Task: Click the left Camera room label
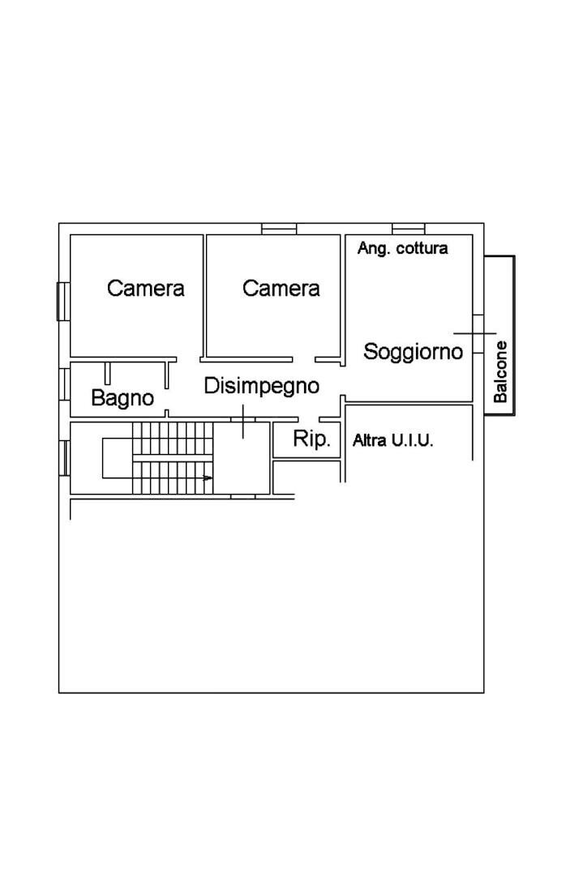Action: (146, 288)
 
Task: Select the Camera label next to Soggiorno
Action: (281, 288)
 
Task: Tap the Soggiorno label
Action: (413, 352)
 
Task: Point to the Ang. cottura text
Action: (402, 248)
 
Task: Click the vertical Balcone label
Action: (501, 371)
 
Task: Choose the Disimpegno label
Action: (261, 386)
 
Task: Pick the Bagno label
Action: (122, 398)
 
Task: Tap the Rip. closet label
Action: (312, 439)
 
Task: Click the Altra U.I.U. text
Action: (393, 441)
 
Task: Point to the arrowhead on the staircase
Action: (209, 478)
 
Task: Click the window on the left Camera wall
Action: (62, 301)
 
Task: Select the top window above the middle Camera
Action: (279, 229)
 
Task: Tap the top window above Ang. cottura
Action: (409, 229)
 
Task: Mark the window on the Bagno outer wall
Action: (63, 384)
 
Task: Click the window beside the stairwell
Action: (63, 457)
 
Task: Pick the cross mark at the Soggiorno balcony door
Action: (474, 333)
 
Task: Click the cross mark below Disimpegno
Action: (242, 420)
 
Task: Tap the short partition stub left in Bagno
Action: (107, 373)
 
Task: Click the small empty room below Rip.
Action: (306, 477)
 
